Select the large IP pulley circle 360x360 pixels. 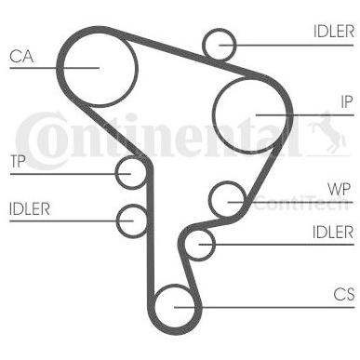click(214, 115)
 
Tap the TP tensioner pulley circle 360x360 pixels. click(116, 173)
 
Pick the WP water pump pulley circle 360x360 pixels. click(210, 199)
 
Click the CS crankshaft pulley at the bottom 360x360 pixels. click(154, 307)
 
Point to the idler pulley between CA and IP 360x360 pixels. click(204, 45)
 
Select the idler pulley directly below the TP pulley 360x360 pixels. click(118, 220)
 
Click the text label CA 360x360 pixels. click(21, 57)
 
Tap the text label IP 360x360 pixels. click(347, 101)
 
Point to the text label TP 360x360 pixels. click(18, 161)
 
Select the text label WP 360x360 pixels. click(339, 189)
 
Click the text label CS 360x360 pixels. click(344, 294)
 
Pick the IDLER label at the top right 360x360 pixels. click(334, 32)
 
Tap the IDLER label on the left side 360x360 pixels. click(30, 209)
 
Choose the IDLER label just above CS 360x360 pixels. click(333, 233)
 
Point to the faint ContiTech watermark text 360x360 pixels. click(301, 203)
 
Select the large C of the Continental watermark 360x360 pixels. click(41, 141)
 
